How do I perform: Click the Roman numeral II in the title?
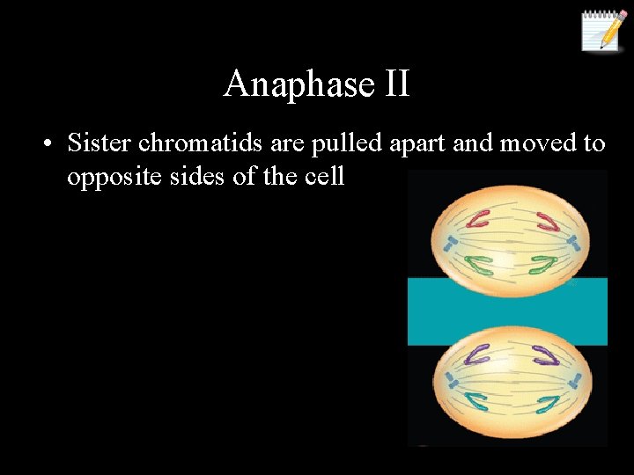(x=396, y=84)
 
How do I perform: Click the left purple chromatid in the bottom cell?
(x=479, y=355)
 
